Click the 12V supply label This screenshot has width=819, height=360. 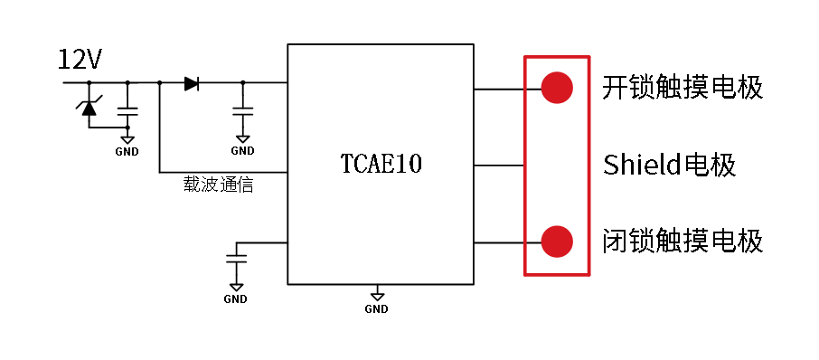coord(80,61)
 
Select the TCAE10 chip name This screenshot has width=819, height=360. coord(381,165)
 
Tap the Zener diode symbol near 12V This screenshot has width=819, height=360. coord(89,108)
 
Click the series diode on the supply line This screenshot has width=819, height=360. coord(191,83)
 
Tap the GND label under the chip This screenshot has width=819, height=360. coord(377,309)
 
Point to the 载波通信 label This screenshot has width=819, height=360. coord(218,185)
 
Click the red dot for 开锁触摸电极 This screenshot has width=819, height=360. coord(557,88)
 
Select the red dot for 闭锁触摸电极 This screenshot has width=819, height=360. coord(557,242)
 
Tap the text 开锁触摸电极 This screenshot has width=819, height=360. coord(682,88)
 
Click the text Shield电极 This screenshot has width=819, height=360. coord(670,166)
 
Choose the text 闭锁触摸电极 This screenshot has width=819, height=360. coord(682,242)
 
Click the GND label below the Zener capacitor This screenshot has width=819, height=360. coord(127,151)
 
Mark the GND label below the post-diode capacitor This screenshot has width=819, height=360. coord(242,151)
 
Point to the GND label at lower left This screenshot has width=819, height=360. coord(236,299)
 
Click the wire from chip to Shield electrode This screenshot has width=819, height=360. coord(499,166)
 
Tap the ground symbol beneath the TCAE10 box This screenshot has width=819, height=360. coord(377,295)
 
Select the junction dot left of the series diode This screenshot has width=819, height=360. coord(159,83)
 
